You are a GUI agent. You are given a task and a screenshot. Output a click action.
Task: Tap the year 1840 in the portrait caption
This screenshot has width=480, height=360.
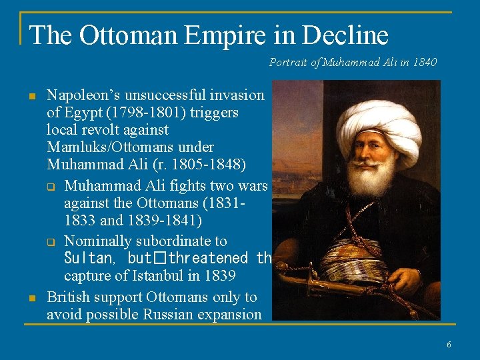point(425,63)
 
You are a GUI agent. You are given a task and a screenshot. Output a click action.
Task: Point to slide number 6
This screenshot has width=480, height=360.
point(449,345)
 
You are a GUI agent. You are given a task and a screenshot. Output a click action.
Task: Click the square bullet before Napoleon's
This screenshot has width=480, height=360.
point(31,97)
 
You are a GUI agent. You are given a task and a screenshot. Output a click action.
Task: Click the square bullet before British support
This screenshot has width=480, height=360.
point(31,299)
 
